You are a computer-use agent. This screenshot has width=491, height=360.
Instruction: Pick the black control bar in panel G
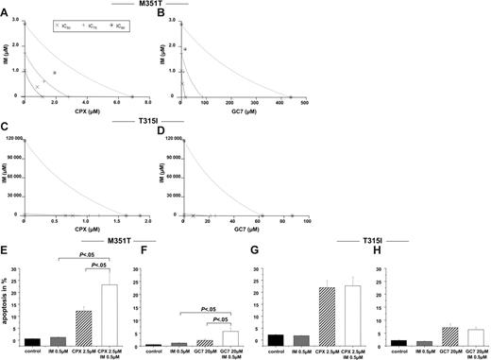(x=275, y=340)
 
